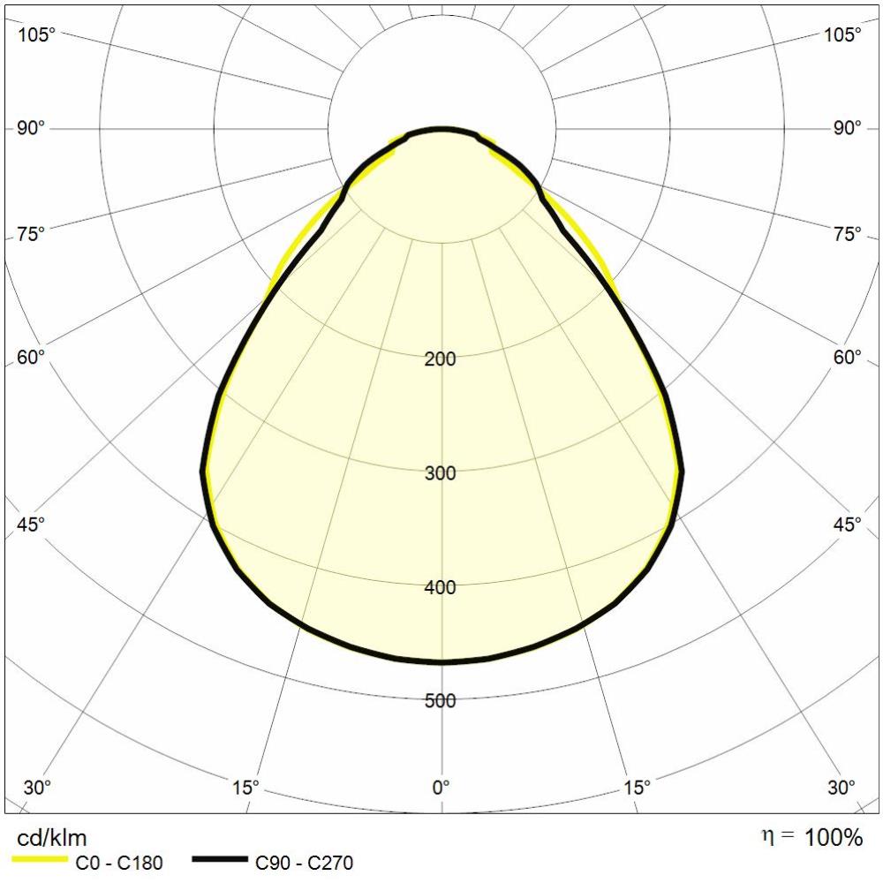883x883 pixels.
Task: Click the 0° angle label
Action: click(x=441, y=786)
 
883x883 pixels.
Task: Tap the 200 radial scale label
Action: click(x=441, y=359)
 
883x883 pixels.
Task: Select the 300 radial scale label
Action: click(x=441, y=473)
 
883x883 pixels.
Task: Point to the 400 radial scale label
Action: click(x=441, y=587)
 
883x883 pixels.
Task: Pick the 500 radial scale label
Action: click(x=441, y=701)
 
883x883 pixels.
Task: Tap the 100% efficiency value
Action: click(x=833, y=837)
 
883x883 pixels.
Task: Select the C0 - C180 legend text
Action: click(x=119, y=863)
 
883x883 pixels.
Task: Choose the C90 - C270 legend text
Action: click(x=305, y=863)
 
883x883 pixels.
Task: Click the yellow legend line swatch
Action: click(x=40, y=859)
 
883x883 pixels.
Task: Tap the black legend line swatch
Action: click(x=220, y=859)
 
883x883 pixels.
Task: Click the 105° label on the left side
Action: click(x=36, y=35)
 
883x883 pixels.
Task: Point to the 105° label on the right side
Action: click(x=842, y=35)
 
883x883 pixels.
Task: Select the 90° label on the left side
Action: click(x=31, y=129)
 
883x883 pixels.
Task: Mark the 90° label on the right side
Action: click(x=847, y=129)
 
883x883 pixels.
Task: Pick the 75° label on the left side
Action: click(x=31, y=234)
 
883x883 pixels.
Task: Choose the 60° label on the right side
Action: click(x=847, y=357)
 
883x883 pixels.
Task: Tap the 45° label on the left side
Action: click(x=31, y=524)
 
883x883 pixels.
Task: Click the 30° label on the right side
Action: click(x=841, y=786)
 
